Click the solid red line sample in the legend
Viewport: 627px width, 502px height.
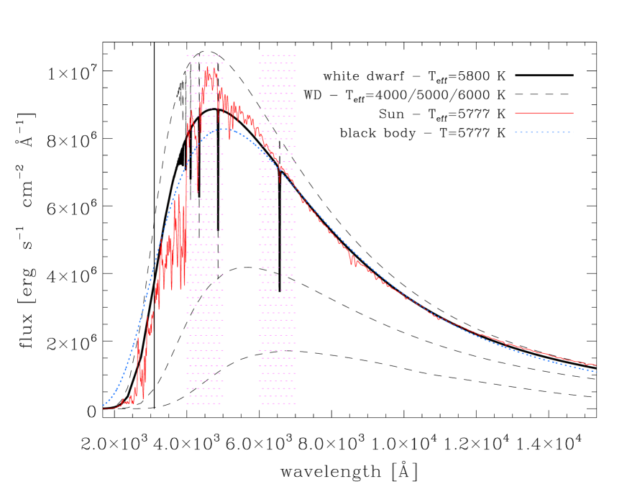click(544, 113)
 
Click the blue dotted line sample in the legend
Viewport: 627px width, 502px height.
click(544, 132)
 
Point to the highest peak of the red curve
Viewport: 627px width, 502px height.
click(207, 68)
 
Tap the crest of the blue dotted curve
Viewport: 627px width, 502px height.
click(224, 129)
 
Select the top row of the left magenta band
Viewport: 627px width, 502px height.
click(204, 55)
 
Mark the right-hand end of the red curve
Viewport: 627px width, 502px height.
click(596, 365)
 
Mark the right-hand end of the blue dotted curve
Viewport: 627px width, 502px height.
click(597, 371)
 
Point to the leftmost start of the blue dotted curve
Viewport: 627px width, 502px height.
click(104, 406)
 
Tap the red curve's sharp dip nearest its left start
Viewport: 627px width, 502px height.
click(143, 398)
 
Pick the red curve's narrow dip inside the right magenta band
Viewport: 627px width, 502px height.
click(280, 183)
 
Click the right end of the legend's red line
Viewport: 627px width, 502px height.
click(572, 113)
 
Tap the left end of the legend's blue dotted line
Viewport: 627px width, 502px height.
click(516, 132)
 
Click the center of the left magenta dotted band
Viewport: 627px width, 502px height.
click(204, 229)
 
